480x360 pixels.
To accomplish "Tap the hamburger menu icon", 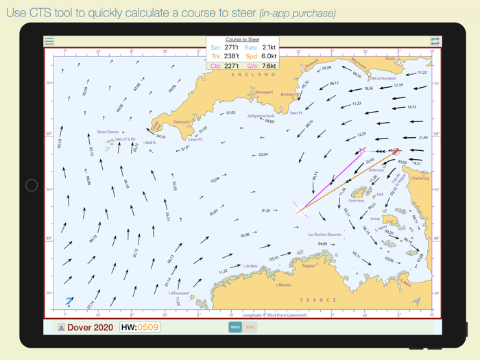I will pyautogui.click(x=49, y=42).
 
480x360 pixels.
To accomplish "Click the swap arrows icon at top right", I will pyautogui.click(x=435, y=42).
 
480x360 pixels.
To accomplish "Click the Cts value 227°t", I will pyautogui.click(x=231, y=66).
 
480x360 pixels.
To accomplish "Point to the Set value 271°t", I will pyautogui.click(x=231, y=48).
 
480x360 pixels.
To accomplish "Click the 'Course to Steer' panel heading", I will pyautogui.click(x=243, y=40).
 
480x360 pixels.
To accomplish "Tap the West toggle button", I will pyautogui.click(x=235, y=327).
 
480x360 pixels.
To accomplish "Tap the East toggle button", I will pyautogui.click(x=250, y=327).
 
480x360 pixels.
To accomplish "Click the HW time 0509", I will pyautogui.click(x=149, y=327).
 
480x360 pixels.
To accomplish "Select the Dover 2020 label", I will pyautogui.click(x=90, y=328).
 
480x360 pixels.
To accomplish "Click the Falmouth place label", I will pyautogui.click(x=182, y=123).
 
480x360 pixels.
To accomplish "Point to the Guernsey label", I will pyautogui.click(x=356, y=201).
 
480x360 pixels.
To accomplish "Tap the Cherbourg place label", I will pyautogui.click(x=419, y=178).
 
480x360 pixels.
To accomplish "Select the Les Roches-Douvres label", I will pyautogui.click(x=324, y=235).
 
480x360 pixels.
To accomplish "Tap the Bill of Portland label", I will pyautogui.click(x=383, y=79).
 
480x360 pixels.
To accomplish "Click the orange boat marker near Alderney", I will pyautogui.click(x=395, y=152).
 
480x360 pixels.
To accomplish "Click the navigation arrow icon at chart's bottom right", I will pyautogui.click(x=416, y=302).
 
